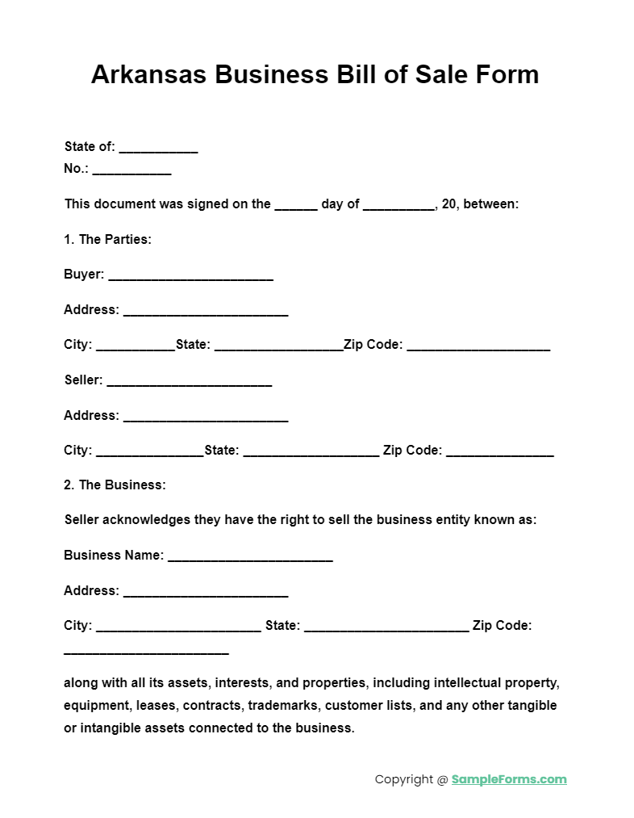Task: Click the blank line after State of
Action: tap(158, 149)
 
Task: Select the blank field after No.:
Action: tap(131, 171)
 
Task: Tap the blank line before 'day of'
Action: tap(295, 207)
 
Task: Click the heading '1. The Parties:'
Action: tap(107, 239)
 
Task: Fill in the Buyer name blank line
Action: tap(190, 277)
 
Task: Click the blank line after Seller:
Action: tap(189, 383)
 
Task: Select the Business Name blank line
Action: tap(250, 558)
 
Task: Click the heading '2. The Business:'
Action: tap(115, 485)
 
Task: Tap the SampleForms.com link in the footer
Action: tap(508, 779)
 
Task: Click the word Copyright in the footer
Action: tap(403, 779)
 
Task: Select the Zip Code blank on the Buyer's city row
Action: tap(478, 347)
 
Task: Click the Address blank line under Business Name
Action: tap(206, 594)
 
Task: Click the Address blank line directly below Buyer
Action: tap(206, 313)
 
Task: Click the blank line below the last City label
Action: tap(146, 651)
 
